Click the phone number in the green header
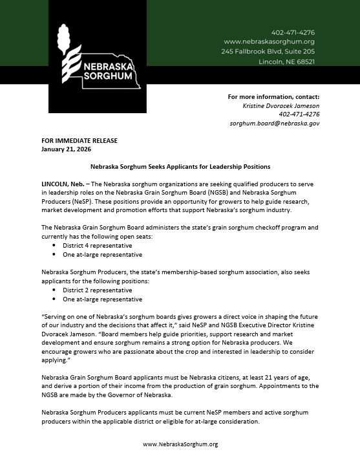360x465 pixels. coord(293,32)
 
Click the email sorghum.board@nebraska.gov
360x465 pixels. coord(275,123)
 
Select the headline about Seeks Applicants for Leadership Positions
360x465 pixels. coord(180,166)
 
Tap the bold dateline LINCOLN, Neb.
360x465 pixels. coord(61,184)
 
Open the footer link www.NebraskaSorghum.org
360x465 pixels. coord(180,444)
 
